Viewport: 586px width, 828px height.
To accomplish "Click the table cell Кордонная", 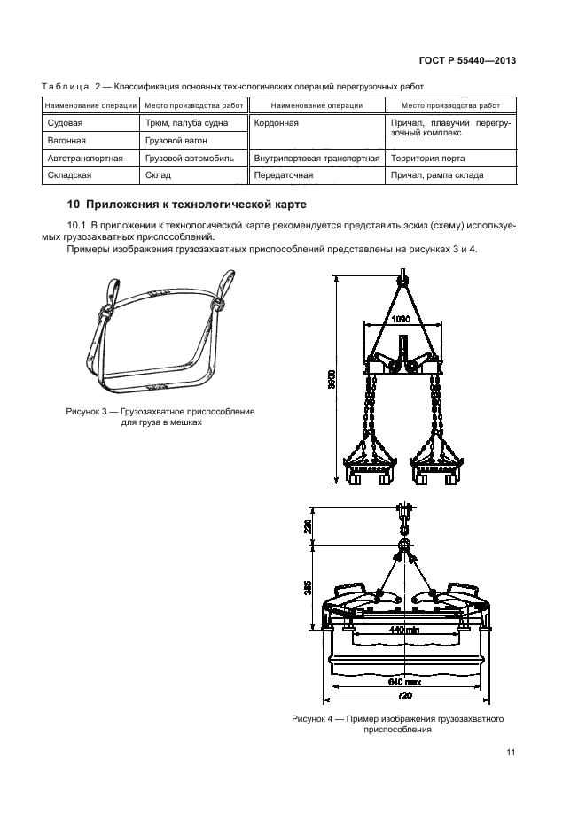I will (x=277, y=123).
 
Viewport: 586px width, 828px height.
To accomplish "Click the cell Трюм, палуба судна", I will (x=187, y=123).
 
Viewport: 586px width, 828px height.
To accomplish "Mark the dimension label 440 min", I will (x=403, y=631).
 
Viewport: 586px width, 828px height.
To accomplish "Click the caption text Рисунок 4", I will (x=315, y=718).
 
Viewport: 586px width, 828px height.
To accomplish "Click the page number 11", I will (x=511, y=753).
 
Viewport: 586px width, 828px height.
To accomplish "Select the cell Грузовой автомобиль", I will (x=189, y=159).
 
